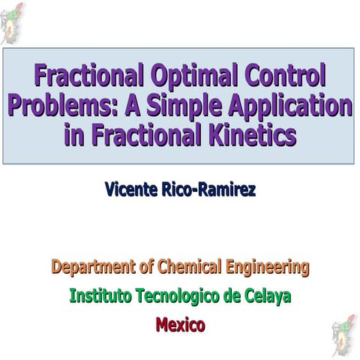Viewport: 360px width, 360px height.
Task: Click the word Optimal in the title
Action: click(190, 76)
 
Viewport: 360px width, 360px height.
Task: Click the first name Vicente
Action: click(131, 190)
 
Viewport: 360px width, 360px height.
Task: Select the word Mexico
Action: click(180, 325)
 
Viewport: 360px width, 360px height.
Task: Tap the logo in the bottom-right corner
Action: click(344, 336)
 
